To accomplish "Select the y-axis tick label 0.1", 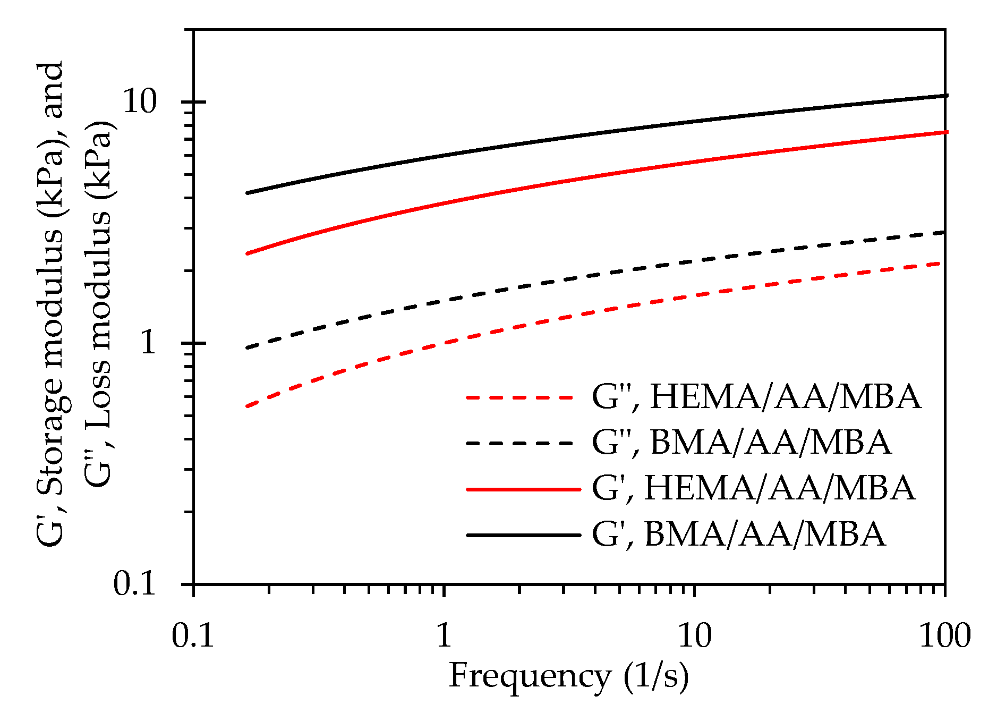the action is coord(135,584).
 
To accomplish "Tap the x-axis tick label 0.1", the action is coord(193,635).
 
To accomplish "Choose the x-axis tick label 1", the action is coord(444,635).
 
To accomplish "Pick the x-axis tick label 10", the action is coord(695,635).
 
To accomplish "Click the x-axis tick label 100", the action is coord(945,635).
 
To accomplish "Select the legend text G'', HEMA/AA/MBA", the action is coord(756,397).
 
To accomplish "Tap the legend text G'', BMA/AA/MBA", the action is coord(742,443).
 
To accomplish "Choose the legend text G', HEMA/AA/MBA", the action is coord(754,488).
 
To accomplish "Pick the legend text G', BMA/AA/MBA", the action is coord(739,534).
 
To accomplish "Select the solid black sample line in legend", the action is coord(523,534).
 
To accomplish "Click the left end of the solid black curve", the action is coord(247,193).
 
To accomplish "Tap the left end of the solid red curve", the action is coord(247,254).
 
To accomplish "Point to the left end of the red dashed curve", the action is coord(247,406).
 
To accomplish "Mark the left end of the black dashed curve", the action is coord(247,348).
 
